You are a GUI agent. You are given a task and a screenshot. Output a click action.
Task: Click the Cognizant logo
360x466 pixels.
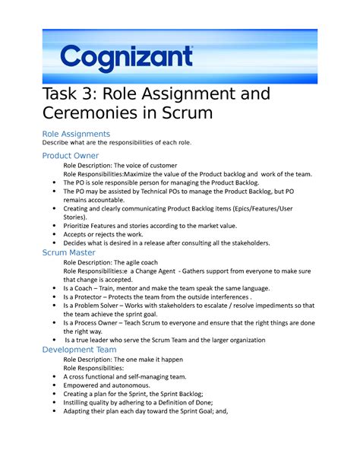[127, 57]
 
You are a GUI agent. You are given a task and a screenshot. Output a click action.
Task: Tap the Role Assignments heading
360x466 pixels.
[81, 134]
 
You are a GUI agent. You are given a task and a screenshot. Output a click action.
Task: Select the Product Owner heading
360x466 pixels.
[71, 156]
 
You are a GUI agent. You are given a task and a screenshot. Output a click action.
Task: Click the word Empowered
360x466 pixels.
[83, 385]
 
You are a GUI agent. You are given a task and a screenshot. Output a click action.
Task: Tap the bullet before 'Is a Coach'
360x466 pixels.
[51, 290]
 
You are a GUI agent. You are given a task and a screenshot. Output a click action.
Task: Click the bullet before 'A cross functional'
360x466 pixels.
[51, 377]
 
